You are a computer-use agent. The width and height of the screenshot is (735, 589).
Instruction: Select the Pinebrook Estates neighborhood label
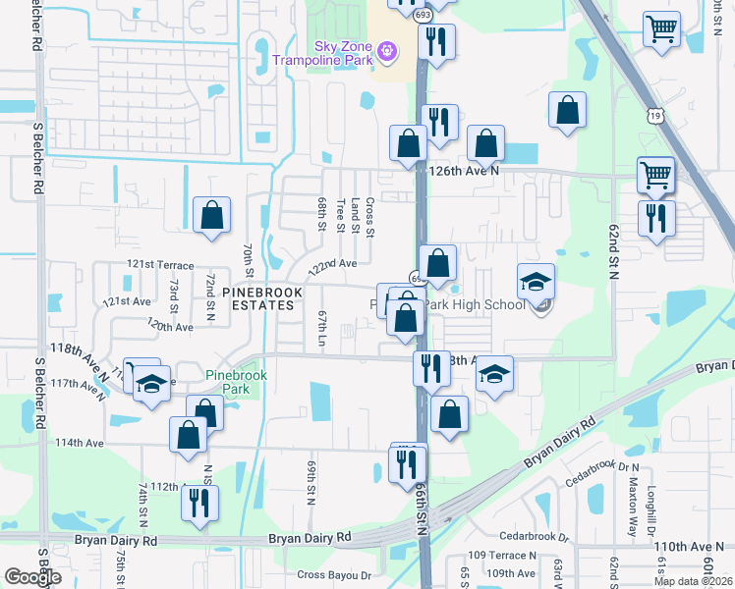(x=257, y=298)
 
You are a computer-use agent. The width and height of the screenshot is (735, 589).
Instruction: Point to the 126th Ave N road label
(x=467, y=169)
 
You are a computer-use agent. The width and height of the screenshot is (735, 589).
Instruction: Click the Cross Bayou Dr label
(x=334, y=575)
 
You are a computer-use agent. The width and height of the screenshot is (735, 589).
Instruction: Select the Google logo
(x=32, y=577)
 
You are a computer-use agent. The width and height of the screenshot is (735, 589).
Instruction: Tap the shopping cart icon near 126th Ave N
(x=655, y=176)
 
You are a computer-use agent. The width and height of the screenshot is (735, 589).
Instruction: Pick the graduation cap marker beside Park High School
(x=537, y=282)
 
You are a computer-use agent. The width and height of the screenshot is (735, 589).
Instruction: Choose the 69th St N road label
(x=311, y=481)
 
